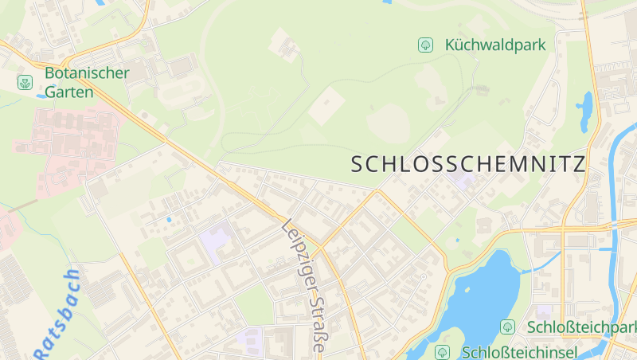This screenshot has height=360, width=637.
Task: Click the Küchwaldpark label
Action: tap(496, 45)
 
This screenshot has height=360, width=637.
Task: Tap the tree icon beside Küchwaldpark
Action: tap(425, 45)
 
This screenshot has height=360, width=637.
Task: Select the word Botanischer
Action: tap(87, 73)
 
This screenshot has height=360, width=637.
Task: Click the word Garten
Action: tap(68, 92)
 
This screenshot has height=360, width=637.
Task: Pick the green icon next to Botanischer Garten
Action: tap(25, 82)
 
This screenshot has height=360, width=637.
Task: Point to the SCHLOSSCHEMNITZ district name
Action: tap(468, 164)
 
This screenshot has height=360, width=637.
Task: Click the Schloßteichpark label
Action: tap(582, 327)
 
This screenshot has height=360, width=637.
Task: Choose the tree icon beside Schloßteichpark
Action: tap(507, 327)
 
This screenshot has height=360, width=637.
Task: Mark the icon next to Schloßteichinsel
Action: tap(443, 351)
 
